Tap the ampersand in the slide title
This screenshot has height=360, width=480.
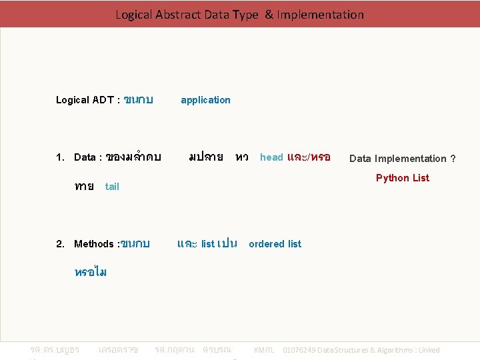click(269, 14)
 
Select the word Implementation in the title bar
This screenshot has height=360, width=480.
click(321, 14)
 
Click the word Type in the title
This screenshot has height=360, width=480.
click(245, 14)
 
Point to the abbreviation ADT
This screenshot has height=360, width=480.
click(103, 100)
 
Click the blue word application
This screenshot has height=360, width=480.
click(205, 100)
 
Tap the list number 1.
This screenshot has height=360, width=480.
click(59, 157)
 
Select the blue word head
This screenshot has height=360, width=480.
click(271, 157)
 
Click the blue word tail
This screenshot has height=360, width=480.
click(112, 187)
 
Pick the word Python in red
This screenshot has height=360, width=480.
click(393, 178)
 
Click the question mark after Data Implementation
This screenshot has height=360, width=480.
click(453, 159)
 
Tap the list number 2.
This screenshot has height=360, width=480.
click(59, 244)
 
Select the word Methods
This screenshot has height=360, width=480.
click(94, 244)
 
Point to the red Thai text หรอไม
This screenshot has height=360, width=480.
click(91, 272)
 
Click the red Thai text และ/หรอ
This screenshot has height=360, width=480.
click(309, 157)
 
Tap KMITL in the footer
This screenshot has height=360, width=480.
click(264, 350)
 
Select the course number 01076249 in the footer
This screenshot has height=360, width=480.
click(301, 350)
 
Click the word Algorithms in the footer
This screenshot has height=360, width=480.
click(391, 350)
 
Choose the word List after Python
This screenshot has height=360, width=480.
click(421, 178)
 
